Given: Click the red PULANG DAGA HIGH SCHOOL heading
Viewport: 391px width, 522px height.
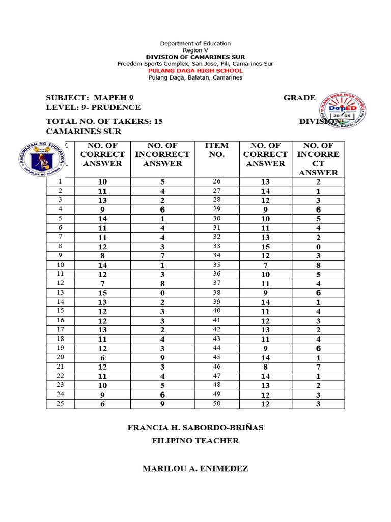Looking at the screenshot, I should pos(195,71).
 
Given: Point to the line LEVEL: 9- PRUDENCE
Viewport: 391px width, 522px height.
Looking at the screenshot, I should pos(93,107).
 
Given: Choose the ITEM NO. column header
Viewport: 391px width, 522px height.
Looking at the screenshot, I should pos(216,150).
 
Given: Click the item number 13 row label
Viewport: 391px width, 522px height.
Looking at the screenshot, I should pos(60,293).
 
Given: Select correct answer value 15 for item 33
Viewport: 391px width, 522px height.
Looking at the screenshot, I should pos(265,247).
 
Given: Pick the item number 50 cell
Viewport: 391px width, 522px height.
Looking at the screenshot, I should pos(216,404).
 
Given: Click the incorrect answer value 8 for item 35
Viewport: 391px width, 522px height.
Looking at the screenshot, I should pos(318,265).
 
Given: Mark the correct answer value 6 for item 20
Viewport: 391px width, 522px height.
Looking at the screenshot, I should pos(102,358).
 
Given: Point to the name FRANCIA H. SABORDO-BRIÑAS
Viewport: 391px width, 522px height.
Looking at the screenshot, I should pos(195,428).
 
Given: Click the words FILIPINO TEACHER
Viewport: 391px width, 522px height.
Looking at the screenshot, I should pos(195,441).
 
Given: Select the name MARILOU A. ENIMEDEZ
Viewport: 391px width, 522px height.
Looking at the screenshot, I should pos(195,468).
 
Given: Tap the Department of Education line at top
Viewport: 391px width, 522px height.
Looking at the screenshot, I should pos(195,44).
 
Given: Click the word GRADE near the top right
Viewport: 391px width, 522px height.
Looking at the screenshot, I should pos(299,98).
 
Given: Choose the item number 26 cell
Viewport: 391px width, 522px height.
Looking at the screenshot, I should pos(216,181).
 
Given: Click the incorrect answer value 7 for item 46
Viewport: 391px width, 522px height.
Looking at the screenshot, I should pos(318,367).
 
